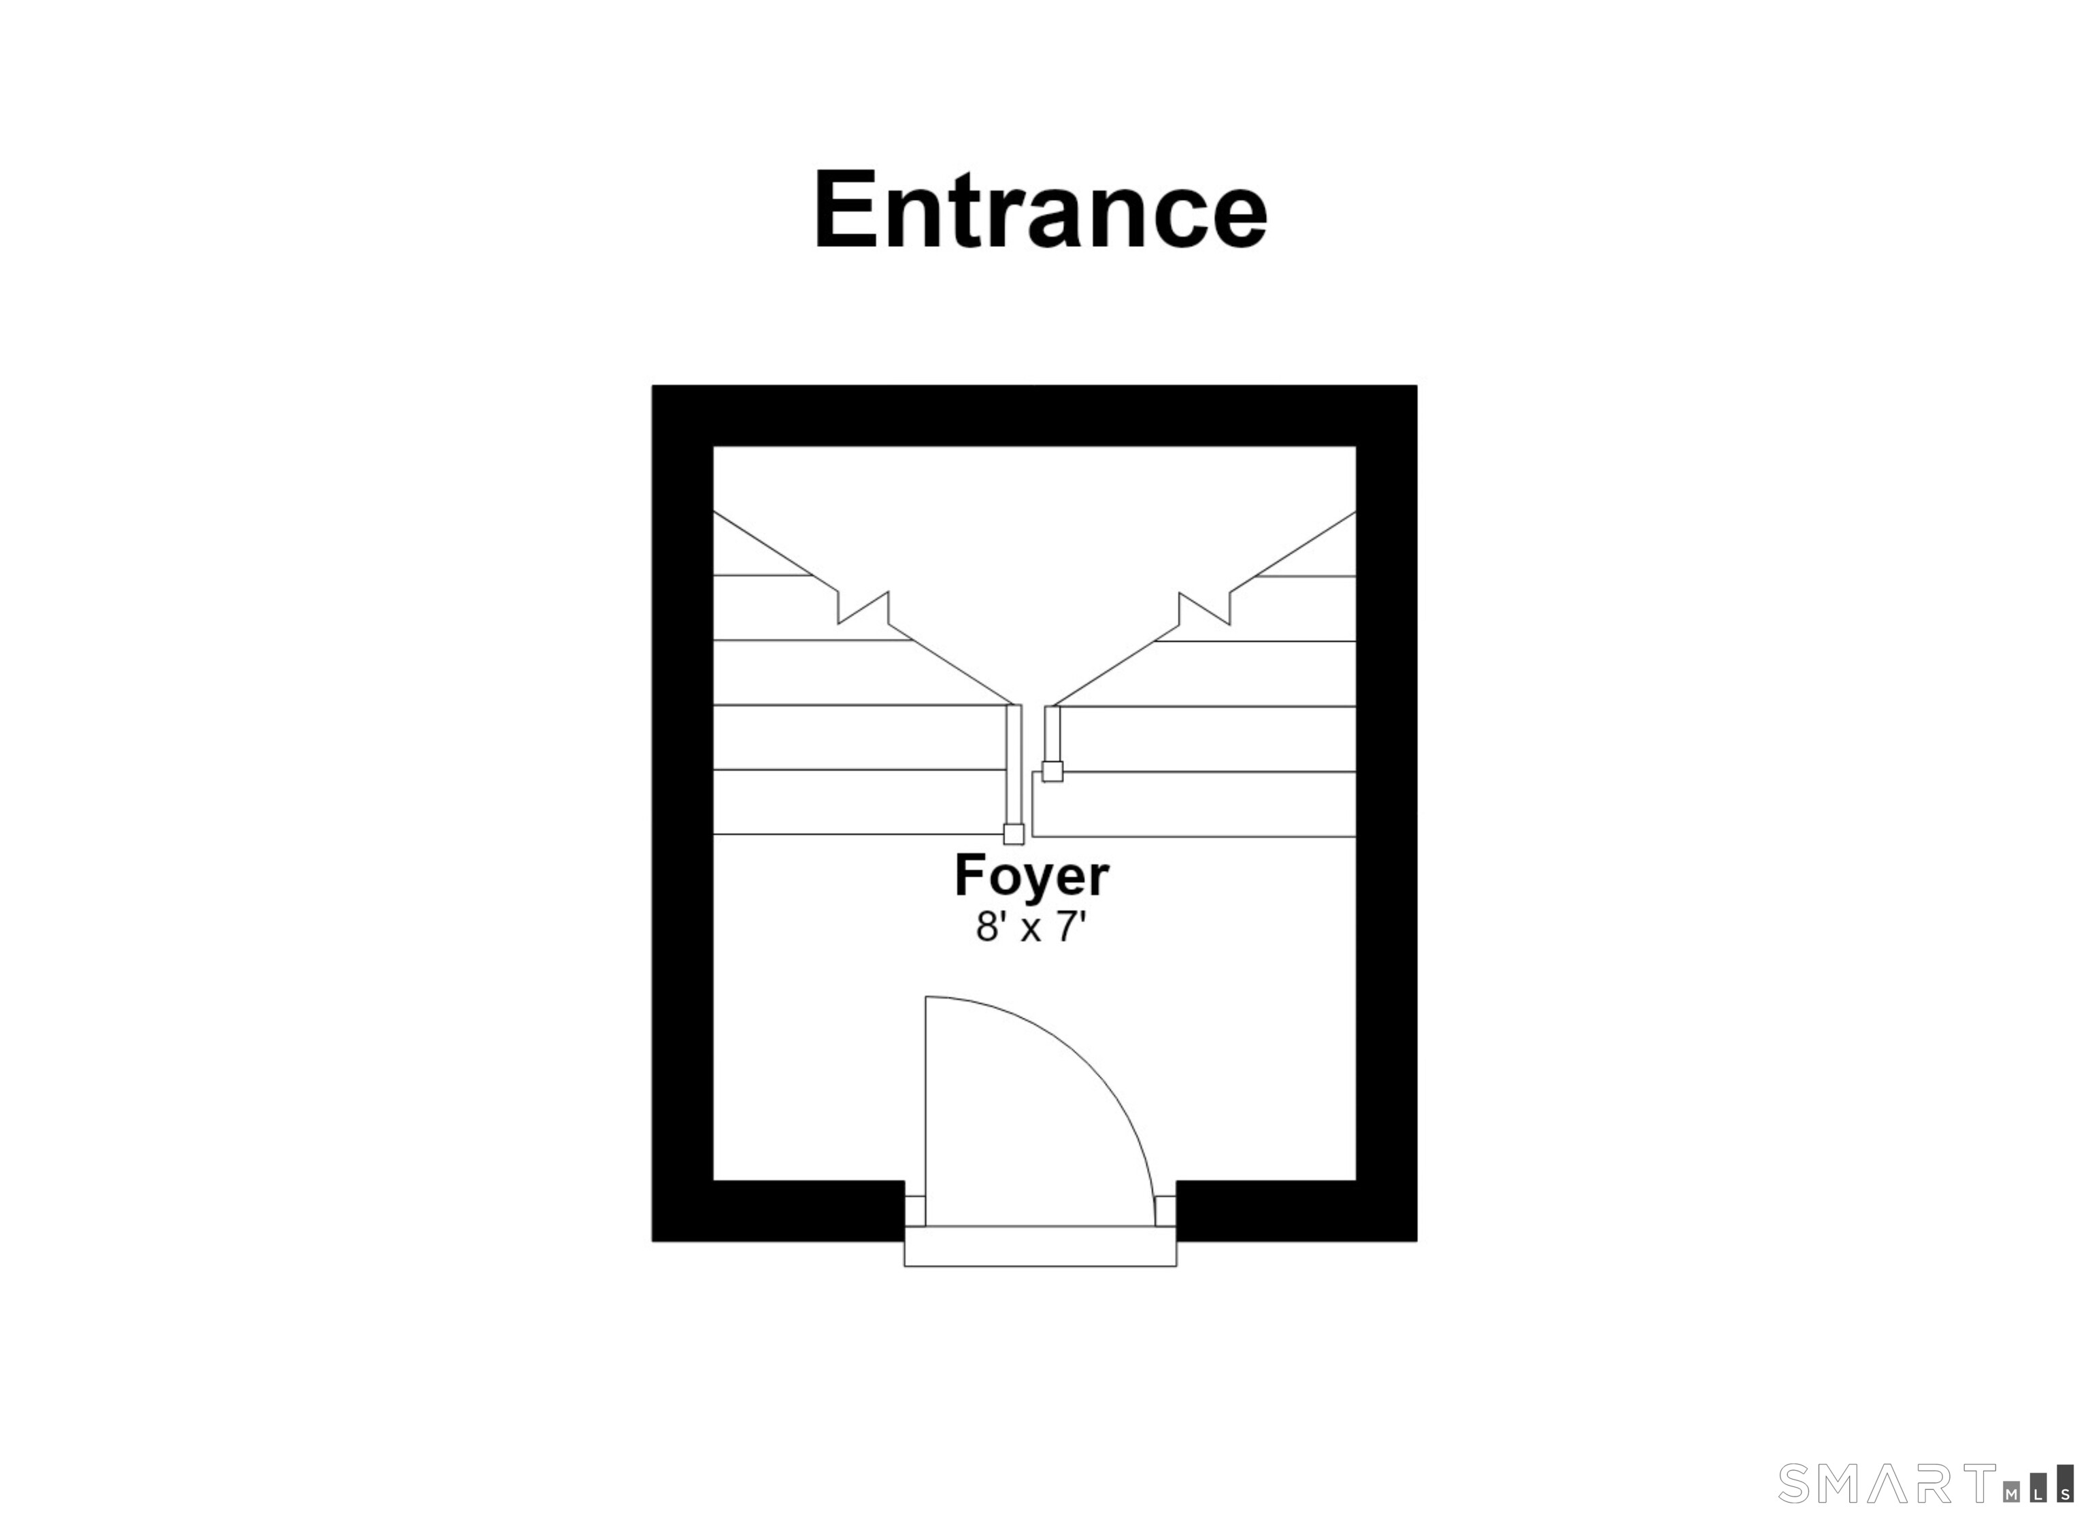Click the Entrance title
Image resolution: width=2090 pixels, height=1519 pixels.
tap(1042, 210)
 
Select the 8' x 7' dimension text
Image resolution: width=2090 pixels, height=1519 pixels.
tap(1032, 927)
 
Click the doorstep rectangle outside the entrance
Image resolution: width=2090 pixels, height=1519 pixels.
tap(1040, 1246)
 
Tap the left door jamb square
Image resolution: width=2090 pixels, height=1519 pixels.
tap(914, 1210)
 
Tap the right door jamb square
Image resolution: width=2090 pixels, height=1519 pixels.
tap(1165, 1210)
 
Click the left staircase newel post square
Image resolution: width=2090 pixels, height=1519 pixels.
tap(1014, 834)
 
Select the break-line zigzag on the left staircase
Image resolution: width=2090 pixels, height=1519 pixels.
tap(863, 609)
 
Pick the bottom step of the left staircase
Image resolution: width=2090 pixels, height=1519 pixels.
tap(859, 802)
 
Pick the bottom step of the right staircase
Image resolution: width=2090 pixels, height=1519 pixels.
tap(1194, 804)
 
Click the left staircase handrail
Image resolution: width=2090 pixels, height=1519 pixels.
tap(1014, 764)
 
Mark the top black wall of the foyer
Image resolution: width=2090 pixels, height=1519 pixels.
tap(1034, 415)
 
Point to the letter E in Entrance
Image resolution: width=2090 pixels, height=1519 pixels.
tap(845, 211)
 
